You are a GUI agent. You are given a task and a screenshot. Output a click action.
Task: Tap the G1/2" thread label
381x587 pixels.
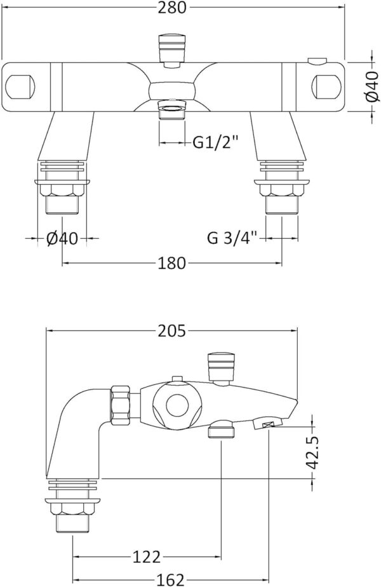click(216, 142)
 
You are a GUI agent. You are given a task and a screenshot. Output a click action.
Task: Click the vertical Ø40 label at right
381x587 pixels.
click(373, 87)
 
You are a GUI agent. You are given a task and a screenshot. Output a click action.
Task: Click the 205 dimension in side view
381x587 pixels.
click(172, 330)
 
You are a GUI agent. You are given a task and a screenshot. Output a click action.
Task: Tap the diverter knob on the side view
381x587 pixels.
click(220, 367)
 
